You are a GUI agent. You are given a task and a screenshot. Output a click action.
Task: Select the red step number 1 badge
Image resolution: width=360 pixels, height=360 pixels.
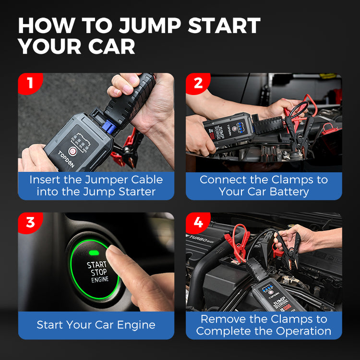coord(30,83)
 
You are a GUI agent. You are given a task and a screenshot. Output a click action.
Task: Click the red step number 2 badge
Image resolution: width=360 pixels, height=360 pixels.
coord(198,83)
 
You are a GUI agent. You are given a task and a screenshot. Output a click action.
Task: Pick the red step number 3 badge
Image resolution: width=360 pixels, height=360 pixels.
coord(30,223)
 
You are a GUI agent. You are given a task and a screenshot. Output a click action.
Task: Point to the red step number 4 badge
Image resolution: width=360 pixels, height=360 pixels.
coord(198,223)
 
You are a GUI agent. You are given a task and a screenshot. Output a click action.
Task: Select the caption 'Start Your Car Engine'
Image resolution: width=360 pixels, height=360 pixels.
coord(96,325)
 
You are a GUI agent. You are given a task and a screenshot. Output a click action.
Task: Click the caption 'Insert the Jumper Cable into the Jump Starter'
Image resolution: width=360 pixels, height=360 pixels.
coord(96,186)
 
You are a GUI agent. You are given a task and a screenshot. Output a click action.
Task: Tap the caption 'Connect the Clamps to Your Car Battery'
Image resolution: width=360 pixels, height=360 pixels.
coord(264,186)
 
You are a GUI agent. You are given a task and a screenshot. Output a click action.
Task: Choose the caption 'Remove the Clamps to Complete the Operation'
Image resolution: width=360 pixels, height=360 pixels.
coord(264,325)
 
